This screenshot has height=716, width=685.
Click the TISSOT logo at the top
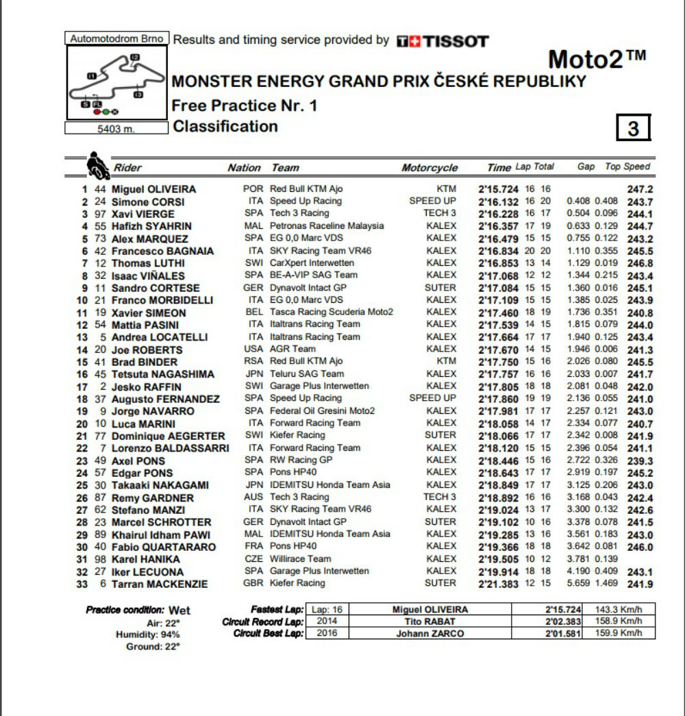pyautogui.click(x=443, y=41)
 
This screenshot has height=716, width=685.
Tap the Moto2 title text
pyautogui.click(x=597, y=60)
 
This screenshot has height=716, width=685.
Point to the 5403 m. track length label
pyautogui.click(x=116, y=128)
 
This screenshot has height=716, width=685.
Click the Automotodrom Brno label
pyautogui.click(x=116, y=39)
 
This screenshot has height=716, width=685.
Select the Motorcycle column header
pyautogui.click(x=429, y=168)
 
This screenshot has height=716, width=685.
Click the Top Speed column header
pyautogui.click(x=627, y=166)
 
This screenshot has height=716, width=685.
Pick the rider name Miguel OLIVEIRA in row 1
pyautogui.click(x=153, y=189)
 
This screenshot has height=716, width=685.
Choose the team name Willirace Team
pyautogui.click(x=301, y=559)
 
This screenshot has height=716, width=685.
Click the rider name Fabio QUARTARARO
pyautogui.click(x=164, y=547)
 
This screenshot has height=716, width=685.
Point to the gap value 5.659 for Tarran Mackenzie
pyautogui.click(x=579, y=584)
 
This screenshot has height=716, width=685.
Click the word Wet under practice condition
pyautogui.click(x=179, y=610)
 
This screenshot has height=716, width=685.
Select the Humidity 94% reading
pyautogui.click(x=147, y=634)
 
